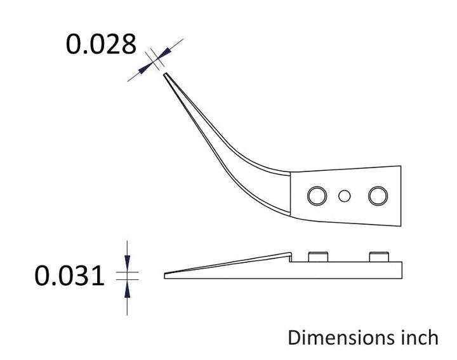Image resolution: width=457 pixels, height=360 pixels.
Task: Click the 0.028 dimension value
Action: [101, 44]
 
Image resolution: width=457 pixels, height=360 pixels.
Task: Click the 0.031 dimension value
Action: [69, 276]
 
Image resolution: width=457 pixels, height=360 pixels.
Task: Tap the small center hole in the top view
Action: [344, 196]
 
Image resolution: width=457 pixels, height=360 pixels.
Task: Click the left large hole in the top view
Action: [317, 196]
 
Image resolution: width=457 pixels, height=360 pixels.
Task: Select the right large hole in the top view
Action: [378, 196]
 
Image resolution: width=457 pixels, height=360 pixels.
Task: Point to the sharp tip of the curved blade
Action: [164, 74]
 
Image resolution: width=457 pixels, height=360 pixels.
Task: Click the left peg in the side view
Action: [318, 257]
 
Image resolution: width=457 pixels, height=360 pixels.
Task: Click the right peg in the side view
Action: [379, 257]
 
